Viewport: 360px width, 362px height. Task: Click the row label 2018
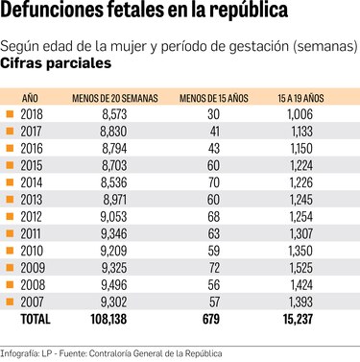(x=32, y=115)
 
